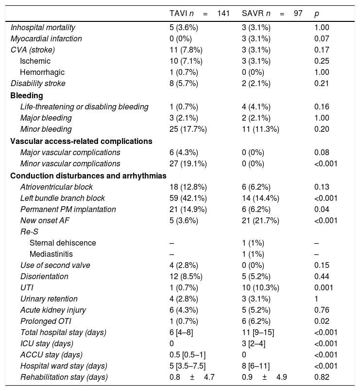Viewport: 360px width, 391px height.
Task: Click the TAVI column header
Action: (196, 13)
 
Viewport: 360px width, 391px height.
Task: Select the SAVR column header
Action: (272, 13)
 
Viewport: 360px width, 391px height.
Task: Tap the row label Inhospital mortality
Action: (43, 28)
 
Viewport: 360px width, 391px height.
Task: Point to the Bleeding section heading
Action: (27, 95)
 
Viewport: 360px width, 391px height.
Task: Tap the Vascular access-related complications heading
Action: (81, 141)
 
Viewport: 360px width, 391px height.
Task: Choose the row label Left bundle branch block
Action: (62, 198)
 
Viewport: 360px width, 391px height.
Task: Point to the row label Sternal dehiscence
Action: (63, 243)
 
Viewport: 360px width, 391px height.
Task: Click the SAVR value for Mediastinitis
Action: (253, 254)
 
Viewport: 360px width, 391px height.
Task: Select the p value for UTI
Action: (323, 288)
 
